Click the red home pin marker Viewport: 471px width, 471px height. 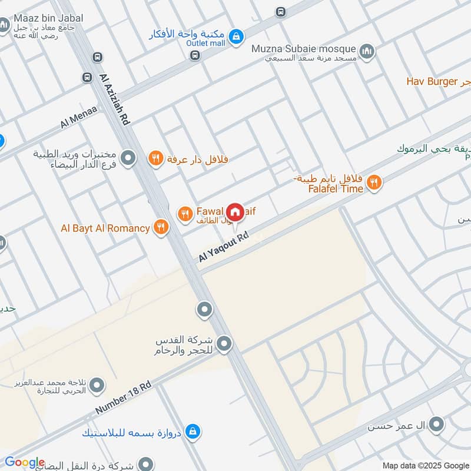[235, 212]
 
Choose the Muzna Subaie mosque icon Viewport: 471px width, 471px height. [367, 51]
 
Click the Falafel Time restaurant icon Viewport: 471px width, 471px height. [373, 184]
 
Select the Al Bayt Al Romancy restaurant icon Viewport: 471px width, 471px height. [161, 227]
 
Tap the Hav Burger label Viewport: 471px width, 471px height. [432, 81]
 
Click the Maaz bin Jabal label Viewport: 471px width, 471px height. [50, 18]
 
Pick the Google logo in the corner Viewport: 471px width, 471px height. [24, 462]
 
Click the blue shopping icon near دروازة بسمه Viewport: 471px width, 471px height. [192, 433]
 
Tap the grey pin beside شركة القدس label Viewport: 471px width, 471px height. [224, 343]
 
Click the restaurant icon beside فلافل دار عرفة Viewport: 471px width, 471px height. [155, 158]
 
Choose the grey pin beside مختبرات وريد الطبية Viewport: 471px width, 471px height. [128, 158]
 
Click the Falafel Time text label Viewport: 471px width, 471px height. [336, 189]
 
